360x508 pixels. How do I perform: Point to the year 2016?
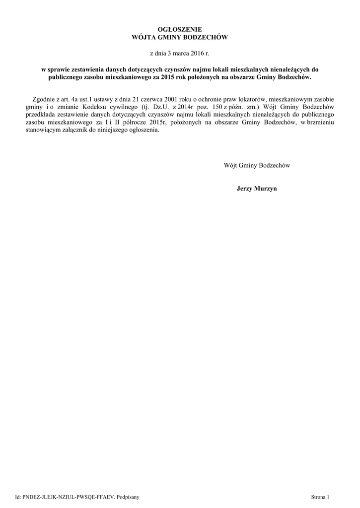(x=197, y=52)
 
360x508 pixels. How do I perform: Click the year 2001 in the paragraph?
(x=178, y=99)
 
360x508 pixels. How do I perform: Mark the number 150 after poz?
(x=215, y=107)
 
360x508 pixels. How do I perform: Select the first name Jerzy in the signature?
(x=245, y=189)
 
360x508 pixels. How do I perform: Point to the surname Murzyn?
(x=266, y=189)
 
